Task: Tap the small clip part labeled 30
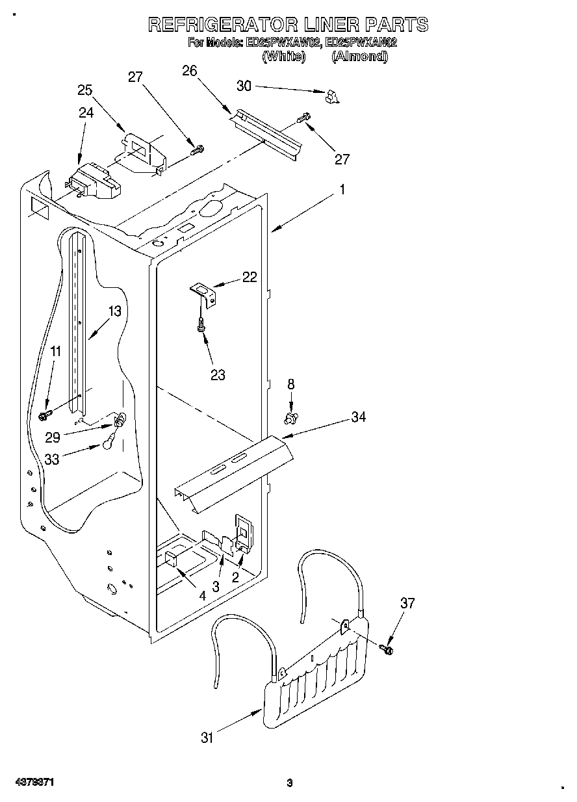tap(333, 96)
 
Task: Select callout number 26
tap(190, 71)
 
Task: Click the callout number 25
tap(85, 90)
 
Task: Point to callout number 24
tap(86, 112)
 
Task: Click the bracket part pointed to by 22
tap(203, 292)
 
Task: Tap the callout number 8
tap(291, 384)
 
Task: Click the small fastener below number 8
tap(291, 415)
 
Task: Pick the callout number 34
tap(359, 417)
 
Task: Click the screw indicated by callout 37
tap(387, 648)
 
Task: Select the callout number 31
tap(207, 737)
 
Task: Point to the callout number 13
tap(114, 311)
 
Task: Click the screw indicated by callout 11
tap(46, 413)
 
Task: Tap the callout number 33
tap(52, 459)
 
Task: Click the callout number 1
tap(342, 190)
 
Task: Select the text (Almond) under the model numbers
tap(359, 57)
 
